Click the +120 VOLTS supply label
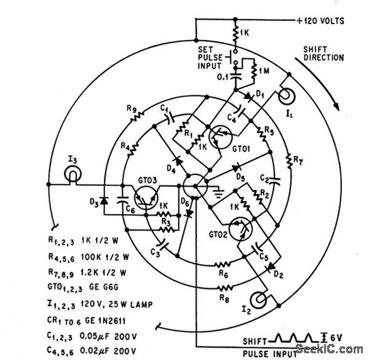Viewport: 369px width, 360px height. pyautogui.click(x=320, y=20)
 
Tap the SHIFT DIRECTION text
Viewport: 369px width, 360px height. pyautogui.click(x=323, y=54)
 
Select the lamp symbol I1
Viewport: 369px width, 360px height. pyautogui.click(x=287, y=97)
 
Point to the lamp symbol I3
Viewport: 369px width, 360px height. pyautogui.click(x=73, y=177)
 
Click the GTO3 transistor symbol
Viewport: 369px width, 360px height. pyautogui.click(x=146, y=196)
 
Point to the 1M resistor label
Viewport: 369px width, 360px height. pyautogui.click(x=263, y=71)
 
